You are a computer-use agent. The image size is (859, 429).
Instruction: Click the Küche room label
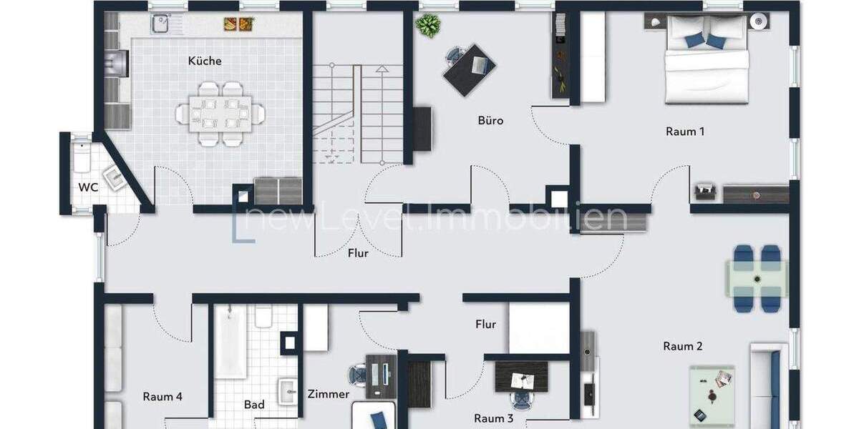205,61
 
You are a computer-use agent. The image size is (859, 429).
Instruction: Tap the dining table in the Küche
220,113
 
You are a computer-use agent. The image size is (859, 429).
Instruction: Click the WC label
89,187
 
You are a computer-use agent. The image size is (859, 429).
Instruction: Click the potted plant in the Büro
428,26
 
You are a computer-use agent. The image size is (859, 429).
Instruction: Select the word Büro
490,120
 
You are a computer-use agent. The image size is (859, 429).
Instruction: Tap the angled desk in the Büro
470,69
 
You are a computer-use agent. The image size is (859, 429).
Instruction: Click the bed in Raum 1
707,64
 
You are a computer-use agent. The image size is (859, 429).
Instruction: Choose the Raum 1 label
685,131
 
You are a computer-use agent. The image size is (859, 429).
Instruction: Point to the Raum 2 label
682,346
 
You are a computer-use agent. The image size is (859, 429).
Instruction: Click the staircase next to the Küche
358,114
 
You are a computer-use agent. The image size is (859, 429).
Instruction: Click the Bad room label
254,405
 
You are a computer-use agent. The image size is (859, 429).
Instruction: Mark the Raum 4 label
162,397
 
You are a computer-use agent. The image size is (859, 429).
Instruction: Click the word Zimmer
329,394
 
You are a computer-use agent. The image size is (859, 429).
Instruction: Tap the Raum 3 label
494,418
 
